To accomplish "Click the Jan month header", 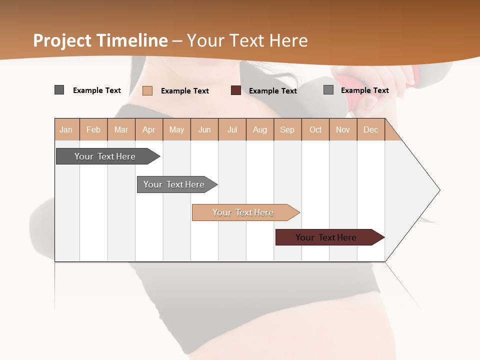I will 66,129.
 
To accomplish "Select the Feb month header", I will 93,129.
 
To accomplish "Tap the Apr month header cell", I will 149,129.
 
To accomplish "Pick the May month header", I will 176,129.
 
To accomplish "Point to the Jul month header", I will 232,129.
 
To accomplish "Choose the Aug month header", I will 260,129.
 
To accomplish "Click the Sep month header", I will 287,129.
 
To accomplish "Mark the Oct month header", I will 315,129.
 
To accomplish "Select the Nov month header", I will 343,129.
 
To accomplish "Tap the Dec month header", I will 371,129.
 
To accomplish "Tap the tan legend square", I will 147,90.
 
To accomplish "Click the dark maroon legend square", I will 236,90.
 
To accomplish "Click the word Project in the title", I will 63,40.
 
